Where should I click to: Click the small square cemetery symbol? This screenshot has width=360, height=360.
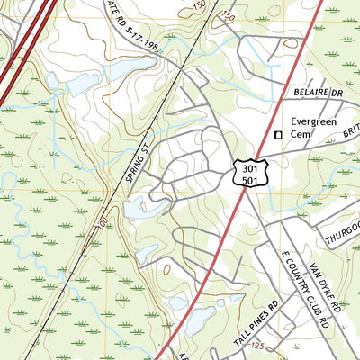pos(278,135)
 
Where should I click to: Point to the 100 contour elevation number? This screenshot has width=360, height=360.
pos(100,221)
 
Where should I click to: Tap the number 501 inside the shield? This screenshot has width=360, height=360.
pos(247,179)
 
